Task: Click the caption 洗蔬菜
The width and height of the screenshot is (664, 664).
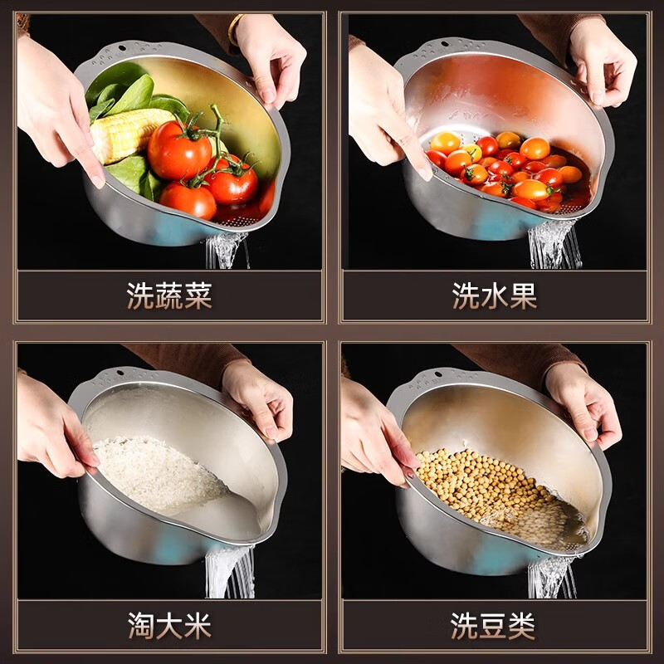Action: pyautogui.click(x=169, y=295)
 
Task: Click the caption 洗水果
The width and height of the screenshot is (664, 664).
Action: pyautogui.click(x=495, y=295)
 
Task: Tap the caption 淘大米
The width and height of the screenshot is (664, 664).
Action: pyautogui.click(x=169, y=625)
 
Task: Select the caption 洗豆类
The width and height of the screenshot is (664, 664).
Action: pyautogui.click(x=495, y=625)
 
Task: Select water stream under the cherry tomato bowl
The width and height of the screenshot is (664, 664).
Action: pyautogui.click(x=552, y=245)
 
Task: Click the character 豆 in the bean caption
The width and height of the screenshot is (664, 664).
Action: pyautogui.click(x=495, y=625)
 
